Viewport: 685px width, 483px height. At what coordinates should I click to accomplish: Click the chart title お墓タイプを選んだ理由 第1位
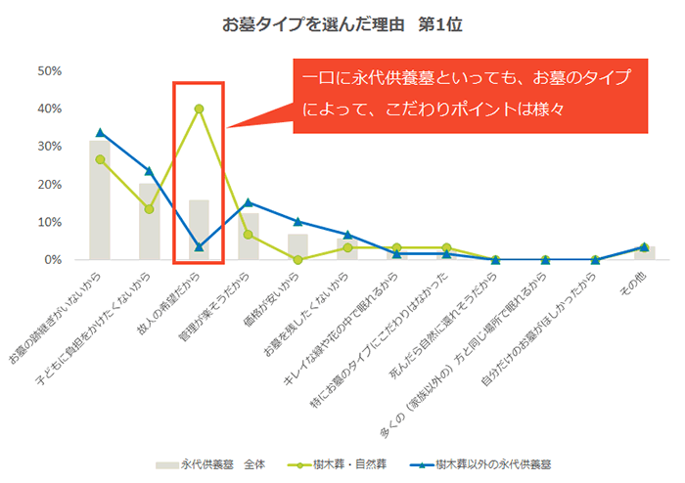tap(342, 24)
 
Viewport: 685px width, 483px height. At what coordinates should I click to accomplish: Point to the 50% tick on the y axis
tap(49, 71)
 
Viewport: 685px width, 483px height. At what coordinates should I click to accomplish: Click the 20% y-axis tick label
tap(49, 185)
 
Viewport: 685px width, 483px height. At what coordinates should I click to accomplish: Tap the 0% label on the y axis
tap(53, 260)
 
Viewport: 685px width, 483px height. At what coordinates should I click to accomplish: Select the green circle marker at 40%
tap(199, 109)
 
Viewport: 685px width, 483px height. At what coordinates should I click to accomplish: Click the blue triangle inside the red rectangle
tap(199, 247)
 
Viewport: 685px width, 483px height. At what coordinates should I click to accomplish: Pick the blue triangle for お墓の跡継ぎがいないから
tap(100, 133)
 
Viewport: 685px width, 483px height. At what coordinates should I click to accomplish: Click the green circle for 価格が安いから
tap(297, 260)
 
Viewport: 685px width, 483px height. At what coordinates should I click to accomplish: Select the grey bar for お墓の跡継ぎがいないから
tap(100, 199)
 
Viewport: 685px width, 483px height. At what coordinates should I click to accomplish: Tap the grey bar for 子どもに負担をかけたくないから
tap(150, 221)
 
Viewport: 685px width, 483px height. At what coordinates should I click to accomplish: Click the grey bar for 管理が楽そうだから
tap(249, 236)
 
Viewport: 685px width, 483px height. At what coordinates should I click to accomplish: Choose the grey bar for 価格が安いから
tap(297, 247)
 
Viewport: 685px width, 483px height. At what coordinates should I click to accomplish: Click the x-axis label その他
tap(633, 285)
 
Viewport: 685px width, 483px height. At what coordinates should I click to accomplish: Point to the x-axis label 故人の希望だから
tap(168, 304)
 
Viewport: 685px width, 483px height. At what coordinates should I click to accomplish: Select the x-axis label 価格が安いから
tap(271, 299)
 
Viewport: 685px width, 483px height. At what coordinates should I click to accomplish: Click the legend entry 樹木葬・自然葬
tap(337, 464)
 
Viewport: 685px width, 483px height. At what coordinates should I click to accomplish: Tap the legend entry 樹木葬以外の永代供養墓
tap(480, 464)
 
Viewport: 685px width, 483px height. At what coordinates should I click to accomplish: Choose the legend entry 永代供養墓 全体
tap(210, 464)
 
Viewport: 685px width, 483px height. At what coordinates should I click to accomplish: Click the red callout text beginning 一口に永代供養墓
tap(467, 93)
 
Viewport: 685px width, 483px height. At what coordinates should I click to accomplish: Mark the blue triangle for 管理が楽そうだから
tap(249, 202)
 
